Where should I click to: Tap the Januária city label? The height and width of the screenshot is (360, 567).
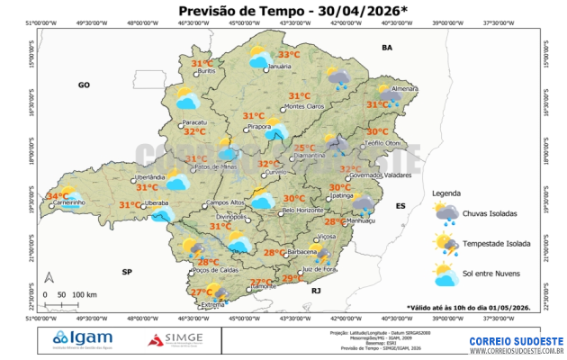click(280, 67)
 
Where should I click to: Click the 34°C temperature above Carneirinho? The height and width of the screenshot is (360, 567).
click(57, 195)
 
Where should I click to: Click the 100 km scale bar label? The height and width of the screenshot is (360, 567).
click(85, 294)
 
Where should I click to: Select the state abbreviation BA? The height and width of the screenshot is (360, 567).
click(388, 47)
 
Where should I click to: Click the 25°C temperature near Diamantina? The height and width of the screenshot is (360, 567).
click(305, 148)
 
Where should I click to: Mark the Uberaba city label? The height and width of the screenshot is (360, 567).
click(157, 204)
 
